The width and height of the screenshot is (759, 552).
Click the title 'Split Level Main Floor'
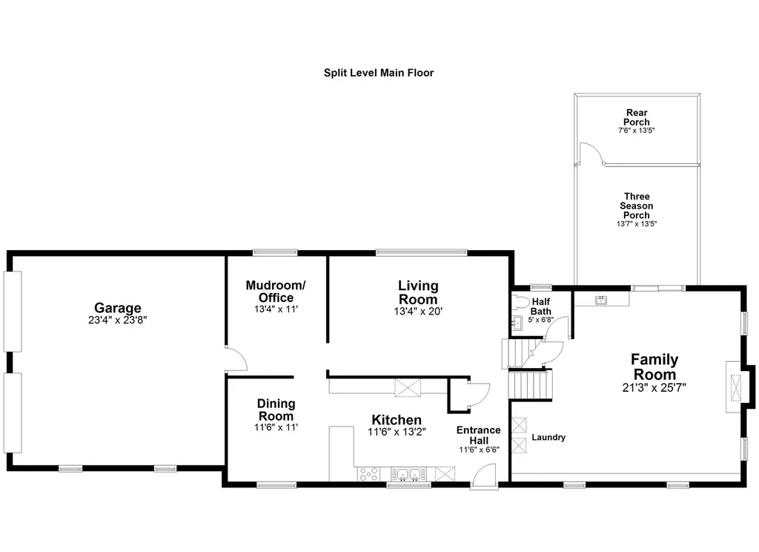(x=378, y=73)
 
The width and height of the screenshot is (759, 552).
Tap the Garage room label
(x=117, y=308)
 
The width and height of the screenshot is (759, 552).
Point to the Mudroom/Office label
(x=276, y=292)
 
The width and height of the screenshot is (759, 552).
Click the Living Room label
(x=418, y=292)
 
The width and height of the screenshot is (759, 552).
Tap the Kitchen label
(x=397, y=420)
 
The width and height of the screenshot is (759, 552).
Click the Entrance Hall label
(x=478, y=436)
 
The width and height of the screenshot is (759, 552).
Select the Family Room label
(x=654, y=367)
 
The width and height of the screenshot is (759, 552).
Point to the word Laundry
(x=548, y=437)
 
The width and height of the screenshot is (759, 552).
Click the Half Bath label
(x=540, y=306)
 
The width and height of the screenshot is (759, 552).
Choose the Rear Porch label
(x=636, y=117)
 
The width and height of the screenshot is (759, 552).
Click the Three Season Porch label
(x=636, y=206)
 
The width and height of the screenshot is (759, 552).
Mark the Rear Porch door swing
(x=591, y=154)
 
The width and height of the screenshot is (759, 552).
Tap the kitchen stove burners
(x=369, y=475)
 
